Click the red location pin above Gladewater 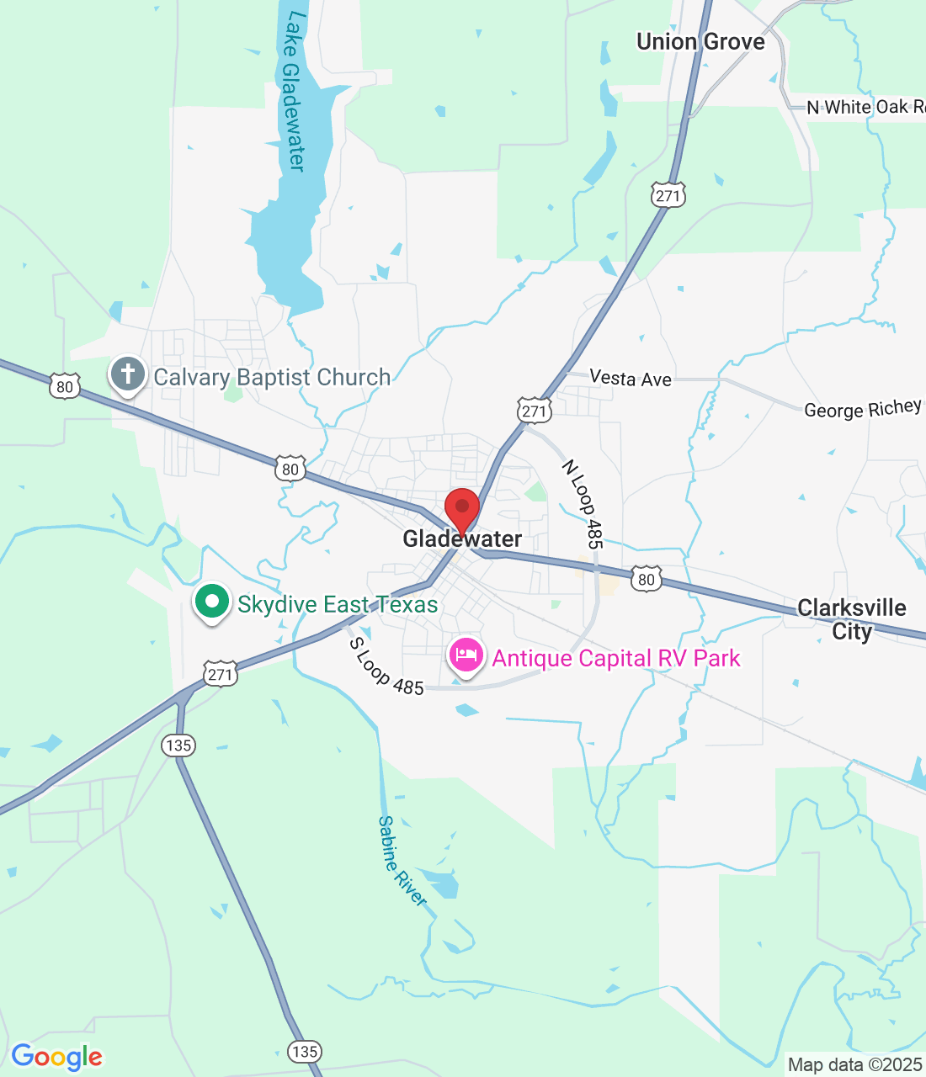[x=461, y=508]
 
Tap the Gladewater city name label [x=462, y=539]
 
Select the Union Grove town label [x=700, y=42]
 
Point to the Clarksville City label [x=852, y=619]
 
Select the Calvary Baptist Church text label [x=272, y=378]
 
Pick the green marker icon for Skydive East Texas [x=212, y=602]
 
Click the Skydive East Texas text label [x=338, y=605]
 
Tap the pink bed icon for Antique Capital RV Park [x=466, y=655]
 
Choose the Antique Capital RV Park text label [x=616, y=658]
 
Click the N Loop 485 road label [x=583, y=504]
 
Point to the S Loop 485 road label [x=386, y=667]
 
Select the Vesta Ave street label [x=631, y=379]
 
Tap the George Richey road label [x=863, y=409]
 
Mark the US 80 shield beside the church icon [x=65, y=386]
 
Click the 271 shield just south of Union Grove [x=668, y=196]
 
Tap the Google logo [x=57, y=1057]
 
